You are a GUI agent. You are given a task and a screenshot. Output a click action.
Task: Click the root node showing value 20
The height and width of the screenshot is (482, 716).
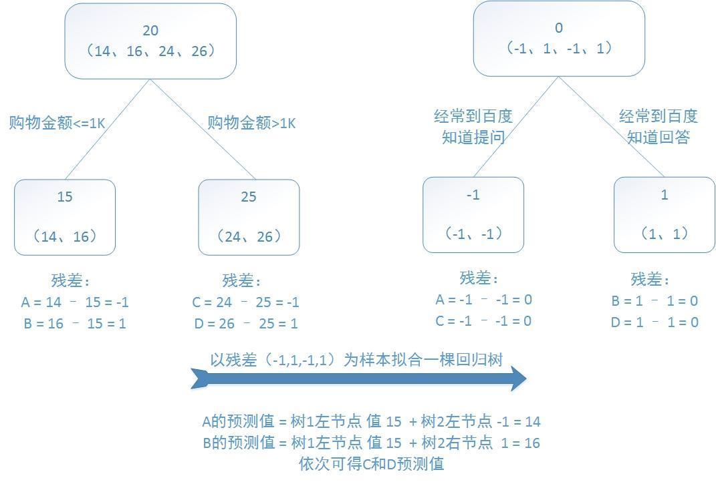(x=150, y=41)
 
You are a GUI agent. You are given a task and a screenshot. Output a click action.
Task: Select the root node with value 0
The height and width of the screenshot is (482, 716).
(x=559, y=38)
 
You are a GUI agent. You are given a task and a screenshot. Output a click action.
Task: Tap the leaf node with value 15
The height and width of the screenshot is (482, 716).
(x=65, y=217)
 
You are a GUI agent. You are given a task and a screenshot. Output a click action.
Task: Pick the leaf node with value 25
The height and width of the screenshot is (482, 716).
(x=249, y=217)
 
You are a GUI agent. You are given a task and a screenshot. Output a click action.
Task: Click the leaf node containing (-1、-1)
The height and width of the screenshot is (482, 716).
(x=473, y=214)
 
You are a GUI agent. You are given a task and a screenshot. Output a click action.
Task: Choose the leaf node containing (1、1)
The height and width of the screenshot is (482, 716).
(x=664, y=214)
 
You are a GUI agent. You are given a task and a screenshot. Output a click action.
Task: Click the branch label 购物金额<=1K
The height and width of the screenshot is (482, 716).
(x=57, y=123)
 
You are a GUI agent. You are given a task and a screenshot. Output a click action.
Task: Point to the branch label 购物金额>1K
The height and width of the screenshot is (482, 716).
(x=251, y=123)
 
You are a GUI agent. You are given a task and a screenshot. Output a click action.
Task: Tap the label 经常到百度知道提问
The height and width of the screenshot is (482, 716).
(x=473, y=127)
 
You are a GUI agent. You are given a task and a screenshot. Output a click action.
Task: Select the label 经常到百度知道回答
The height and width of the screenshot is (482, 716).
(x=659, y=127)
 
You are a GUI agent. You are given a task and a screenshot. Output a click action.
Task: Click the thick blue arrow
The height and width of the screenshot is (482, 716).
(x=358, y=379)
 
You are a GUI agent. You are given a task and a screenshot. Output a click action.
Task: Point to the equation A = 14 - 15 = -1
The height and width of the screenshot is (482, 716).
(x=75, y=302)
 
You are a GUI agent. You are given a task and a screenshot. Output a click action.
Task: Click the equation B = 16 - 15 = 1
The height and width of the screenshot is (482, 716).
(x=74, y=324)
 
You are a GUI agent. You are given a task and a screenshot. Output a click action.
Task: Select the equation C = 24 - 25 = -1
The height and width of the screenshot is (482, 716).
(x=245, y=302)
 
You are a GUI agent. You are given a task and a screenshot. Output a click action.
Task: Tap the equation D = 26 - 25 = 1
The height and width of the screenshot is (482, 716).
(x=245, y=324)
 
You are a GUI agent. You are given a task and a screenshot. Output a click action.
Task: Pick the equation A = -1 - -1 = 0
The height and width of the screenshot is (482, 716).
(x=483, y=300)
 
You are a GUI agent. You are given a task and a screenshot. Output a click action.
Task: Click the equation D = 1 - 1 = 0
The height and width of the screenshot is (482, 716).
(x=654, y=322)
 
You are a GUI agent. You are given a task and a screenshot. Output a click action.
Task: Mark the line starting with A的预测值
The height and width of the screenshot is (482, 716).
(x=371, y=422)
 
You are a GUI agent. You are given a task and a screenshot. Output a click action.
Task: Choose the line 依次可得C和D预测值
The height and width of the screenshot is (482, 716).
(x=371, y=464)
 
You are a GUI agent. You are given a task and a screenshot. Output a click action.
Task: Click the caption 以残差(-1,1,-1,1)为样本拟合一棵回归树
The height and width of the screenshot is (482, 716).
(x=356, y=360)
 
